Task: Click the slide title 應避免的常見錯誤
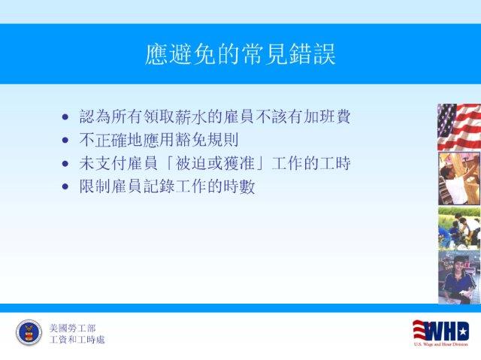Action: (240, 54)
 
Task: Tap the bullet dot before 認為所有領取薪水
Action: (65, 116)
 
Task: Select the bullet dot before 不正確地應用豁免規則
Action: (65, 140)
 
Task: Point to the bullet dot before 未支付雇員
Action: (65, 163)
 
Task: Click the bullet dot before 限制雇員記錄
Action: (65, 186)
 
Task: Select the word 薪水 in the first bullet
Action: (190, 116)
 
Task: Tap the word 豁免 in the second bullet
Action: (190, 140)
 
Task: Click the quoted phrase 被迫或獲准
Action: (214, 163)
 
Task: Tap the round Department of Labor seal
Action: (29, 332)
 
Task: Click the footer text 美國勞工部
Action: (72, 328)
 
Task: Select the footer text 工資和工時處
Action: (77, 340)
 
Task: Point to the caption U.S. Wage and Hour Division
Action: (441, 344)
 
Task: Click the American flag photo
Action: (459, 127)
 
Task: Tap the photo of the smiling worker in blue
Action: (459, 277)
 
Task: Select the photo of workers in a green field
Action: (459, 228)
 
